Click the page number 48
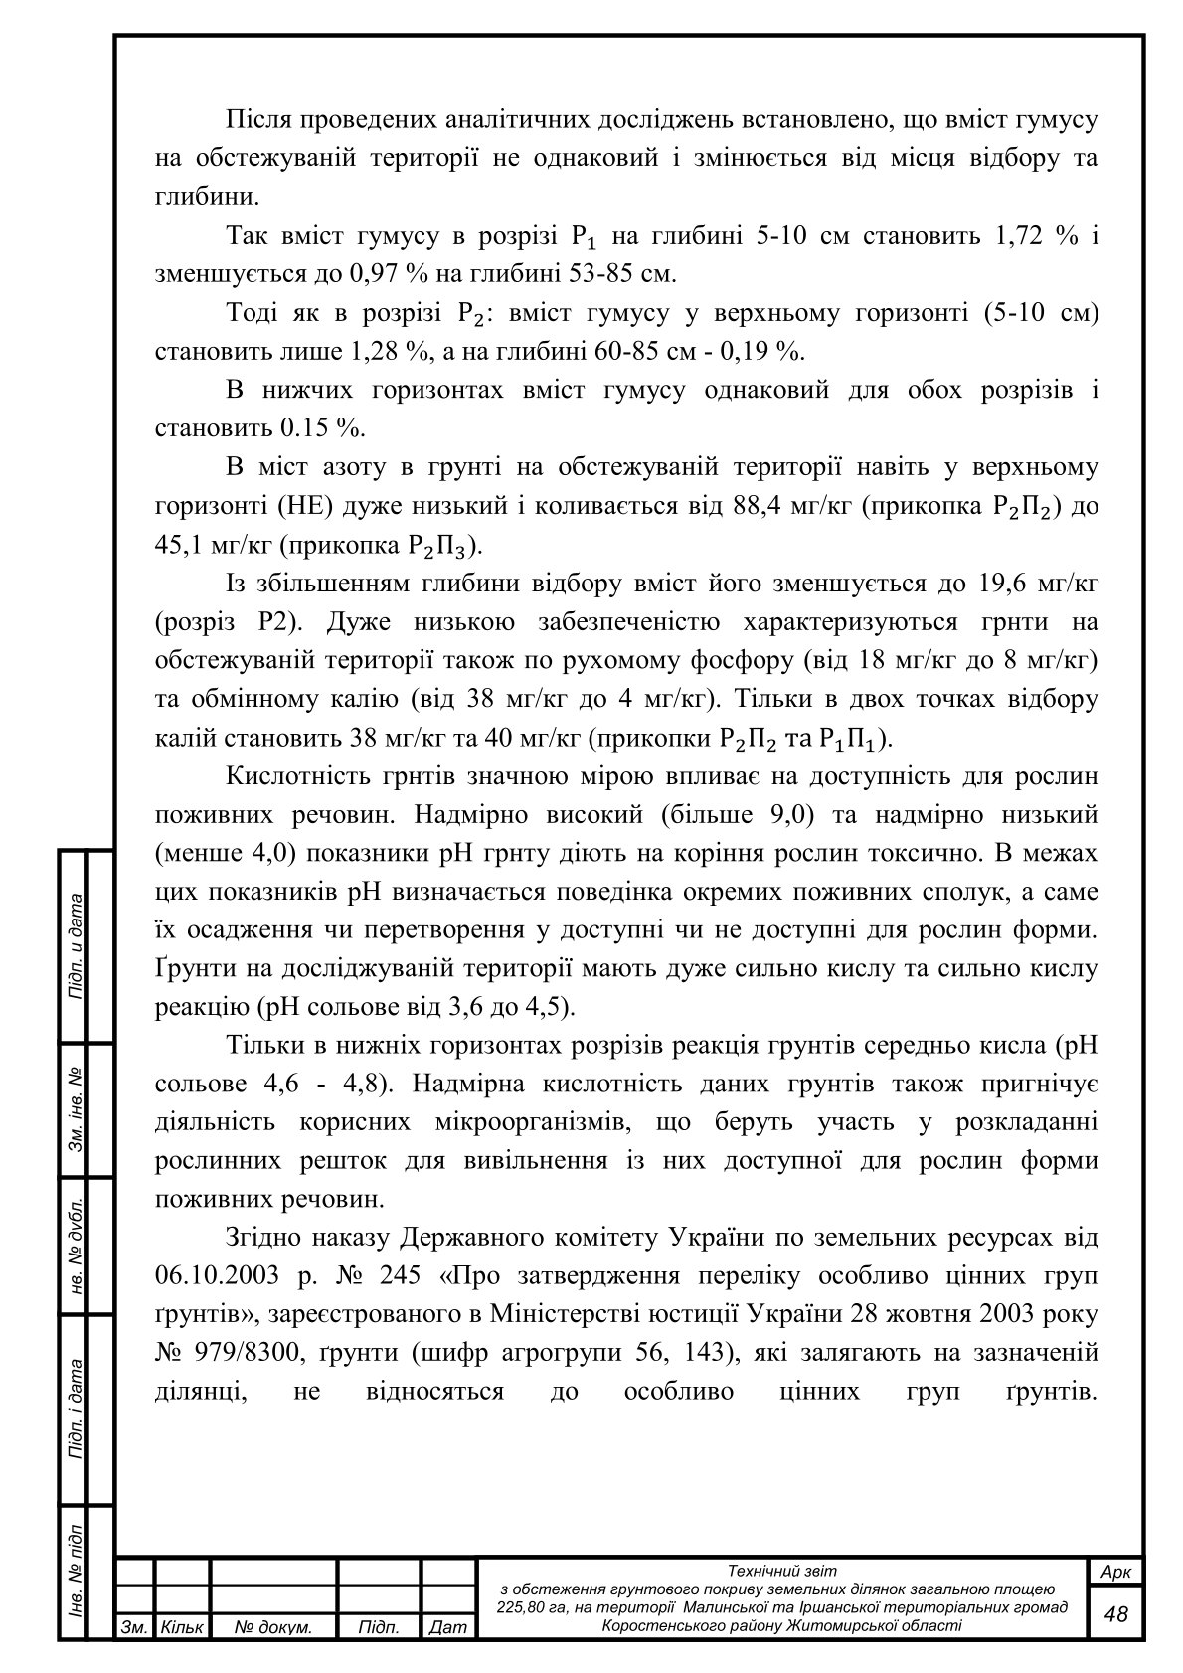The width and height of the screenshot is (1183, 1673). (1116, 1612)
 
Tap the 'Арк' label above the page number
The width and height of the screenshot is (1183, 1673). (1116, 1572)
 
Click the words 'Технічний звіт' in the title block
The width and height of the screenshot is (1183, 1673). (782, 1571)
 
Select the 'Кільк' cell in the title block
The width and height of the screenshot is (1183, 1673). (182, 1627)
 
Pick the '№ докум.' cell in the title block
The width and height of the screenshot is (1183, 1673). (273, 1627)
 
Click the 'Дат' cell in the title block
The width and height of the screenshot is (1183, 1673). (449, 1627)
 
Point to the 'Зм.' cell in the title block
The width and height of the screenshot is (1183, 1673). (133, 1627)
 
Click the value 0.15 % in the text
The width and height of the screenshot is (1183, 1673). (322, 428)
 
